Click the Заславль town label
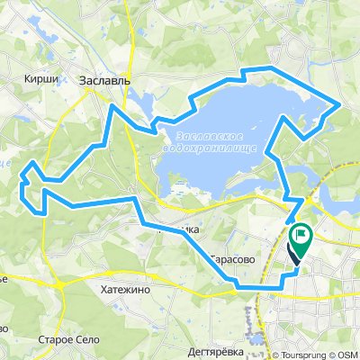pos(105,80)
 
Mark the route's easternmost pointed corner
pos(338,104)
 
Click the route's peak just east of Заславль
pos(112,105)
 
